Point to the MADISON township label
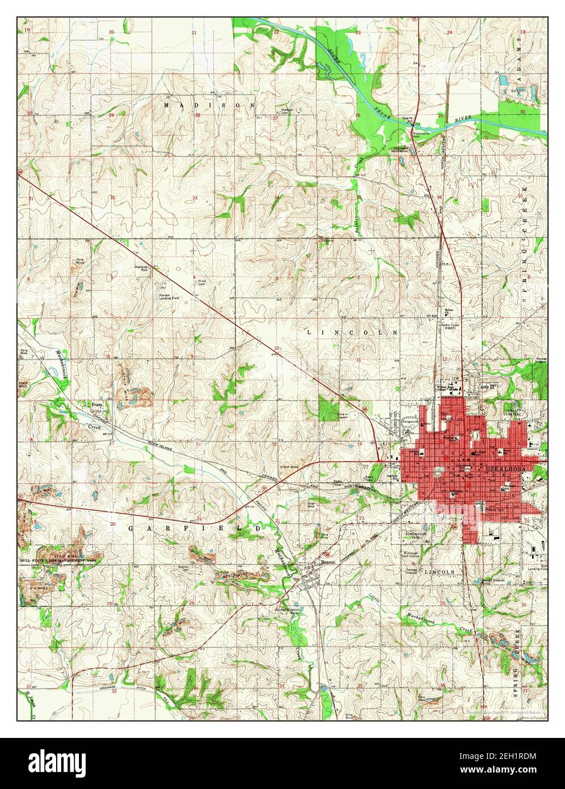pyautogui.click(x=209, y=106)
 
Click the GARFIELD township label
pyautogui.click(x=196, y=528)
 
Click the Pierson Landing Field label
pyautogui.click(x=171, y=296)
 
